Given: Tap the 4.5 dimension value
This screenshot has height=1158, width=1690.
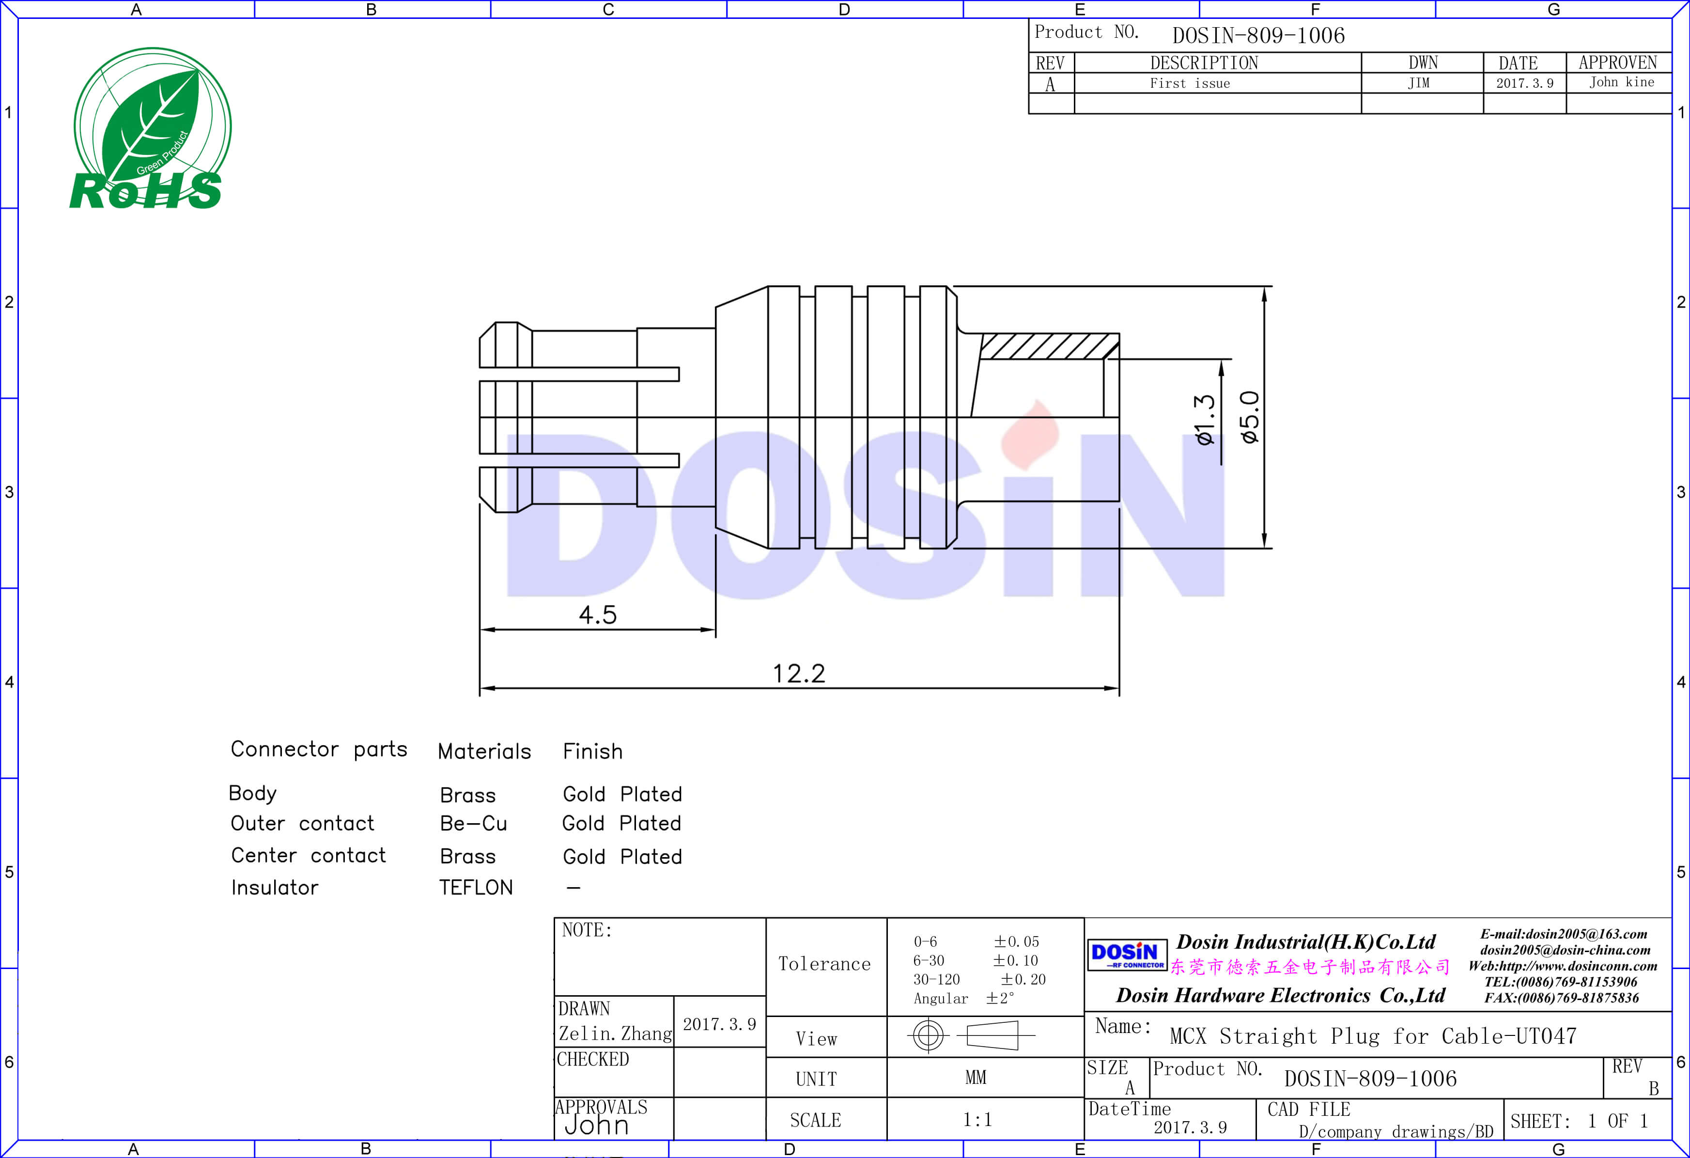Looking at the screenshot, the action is point(598,615).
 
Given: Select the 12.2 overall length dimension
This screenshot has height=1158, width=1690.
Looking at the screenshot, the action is point(798,673).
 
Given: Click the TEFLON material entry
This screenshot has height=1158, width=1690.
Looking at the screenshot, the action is point(476,888).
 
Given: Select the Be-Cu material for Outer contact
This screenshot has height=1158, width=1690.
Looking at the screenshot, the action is point(473,823).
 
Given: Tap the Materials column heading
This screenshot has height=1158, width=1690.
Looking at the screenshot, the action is point(484,751).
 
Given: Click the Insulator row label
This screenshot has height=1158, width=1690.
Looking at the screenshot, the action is point(274,888).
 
